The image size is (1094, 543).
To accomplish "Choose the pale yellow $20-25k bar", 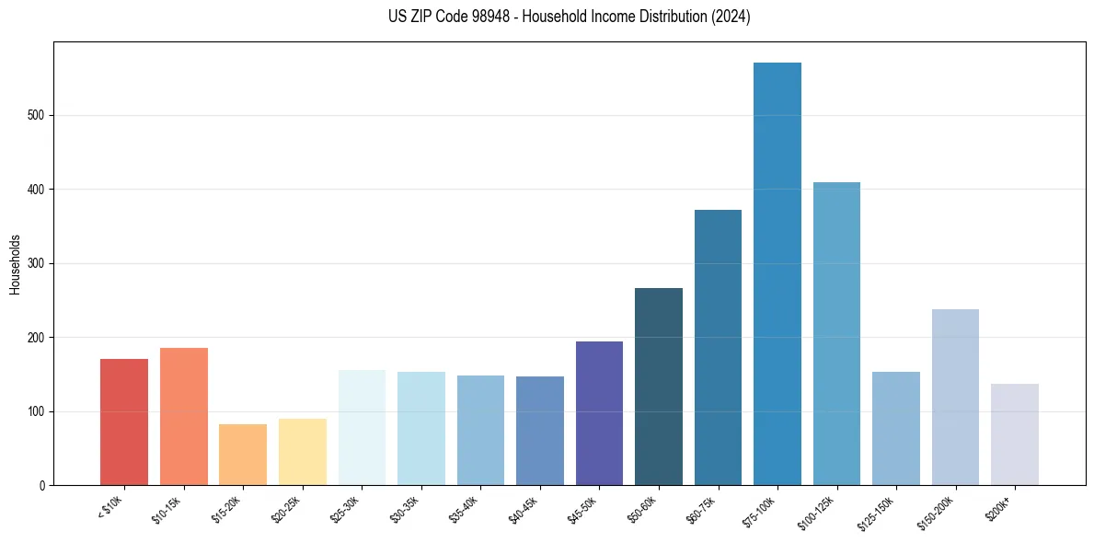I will coord(303,452).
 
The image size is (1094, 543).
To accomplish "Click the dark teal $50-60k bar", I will coord(659,387).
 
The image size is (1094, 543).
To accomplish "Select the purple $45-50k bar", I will coord(599,413).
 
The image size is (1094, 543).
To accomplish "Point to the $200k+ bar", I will coord(1015,434).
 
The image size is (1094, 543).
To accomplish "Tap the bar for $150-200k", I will coord(955,397).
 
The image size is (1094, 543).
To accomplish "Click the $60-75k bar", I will coord(718,347).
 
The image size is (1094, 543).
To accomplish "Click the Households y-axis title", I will coord(16,264).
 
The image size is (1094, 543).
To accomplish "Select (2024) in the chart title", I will coord(731,17).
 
